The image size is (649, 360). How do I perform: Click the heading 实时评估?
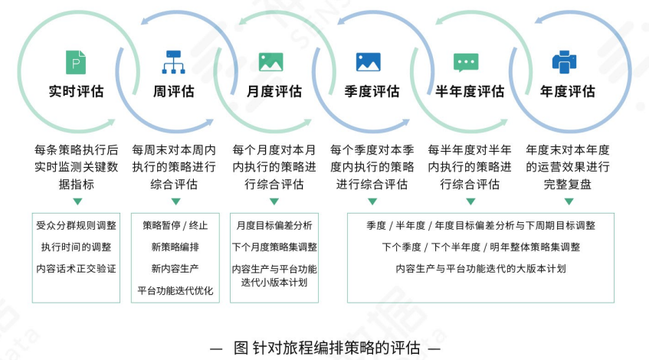(x=76, y=92)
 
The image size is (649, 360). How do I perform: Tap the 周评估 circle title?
(x=174, y=92)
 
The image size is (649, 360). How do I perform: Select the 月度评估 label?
(x=274, y=92)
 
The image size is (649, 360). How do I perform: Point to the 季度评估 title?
(x=372, y=92)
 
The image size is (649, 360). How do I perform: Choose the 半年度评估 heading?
(x=470, y=92)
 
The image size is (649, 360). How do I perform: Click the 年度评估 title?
(x=567, y=92)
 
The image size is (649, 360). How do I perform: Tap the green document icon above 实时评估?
(x=76, y=61)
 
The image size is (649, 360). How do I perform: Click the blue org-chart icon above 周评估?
(x=174, y=61)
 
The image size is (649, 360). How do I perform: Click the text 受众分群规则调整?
(x=77, y=226)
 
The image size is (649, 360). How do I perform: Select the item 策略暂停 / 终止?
(x=175, y=226)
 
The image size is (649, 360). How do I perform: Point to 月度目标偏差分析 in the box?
(x=274, y=226)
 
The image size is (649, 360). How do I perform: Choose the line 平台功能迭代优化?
(x=175, y=291)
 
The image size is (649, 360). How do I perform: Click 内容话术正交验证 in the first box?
(x=77, y=269)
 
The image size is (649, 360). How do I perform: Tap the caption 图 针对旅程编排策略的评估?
(x=326, y=346)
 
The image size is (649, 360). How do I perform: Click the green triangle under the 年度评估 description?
(x=569, y=201)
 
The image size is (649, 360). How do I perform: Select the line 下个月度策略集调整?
(x=274, y=247)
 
